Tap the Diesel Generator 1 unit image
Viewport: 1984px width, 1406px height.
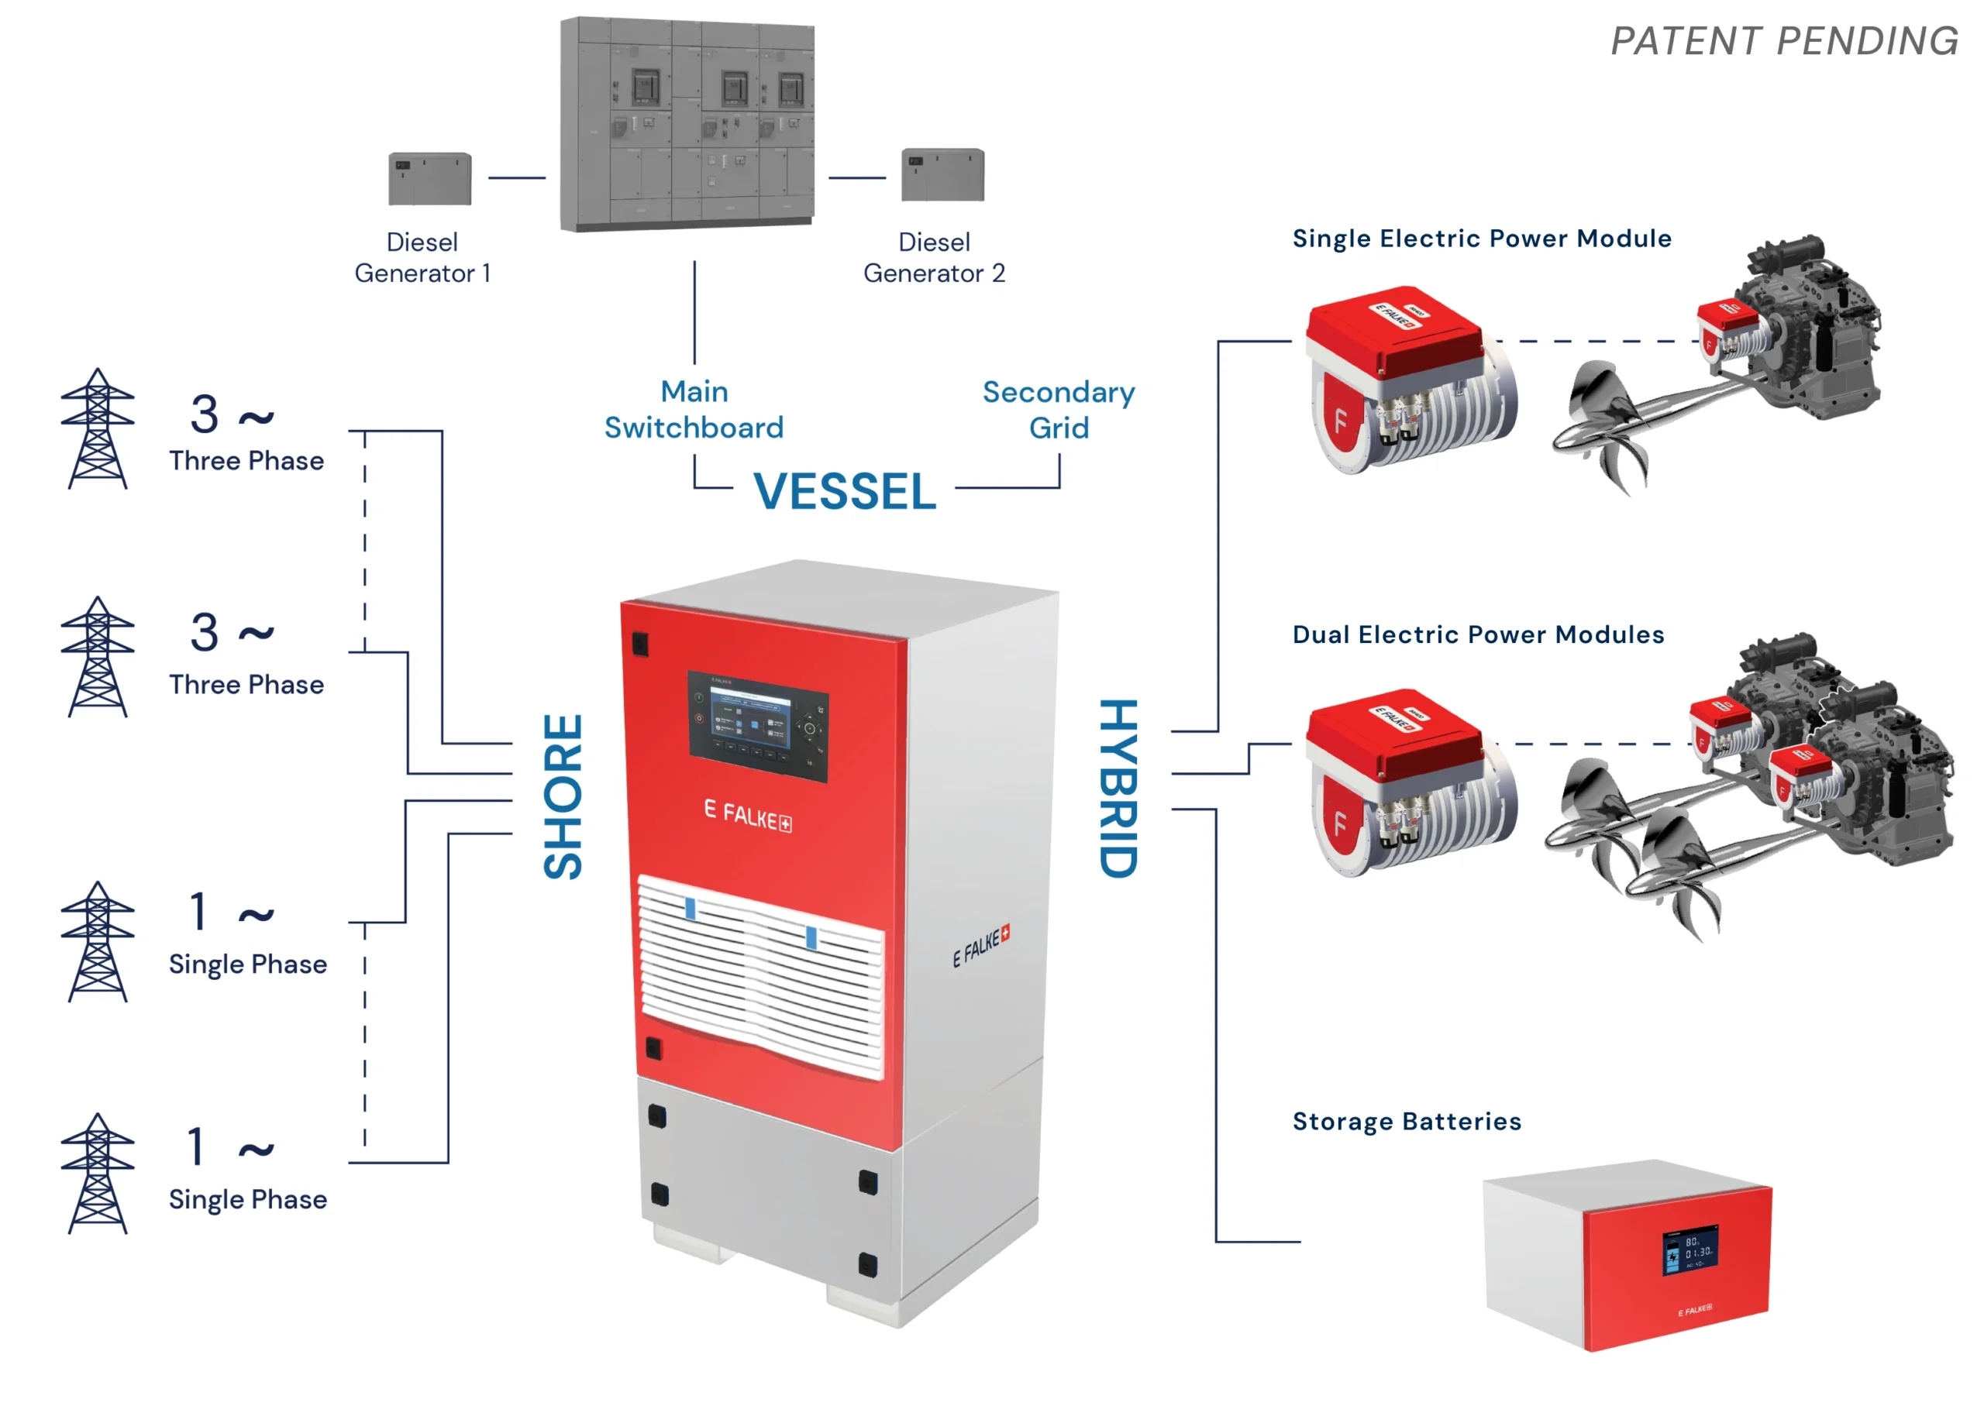click(429, 179)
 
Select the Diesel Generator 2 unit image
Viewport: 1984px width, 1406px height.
click(942, 175)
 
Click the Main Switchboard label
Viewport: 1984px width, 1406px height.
click(694, 410)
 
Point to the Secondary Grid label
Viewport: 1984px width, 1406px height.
click(1057, 410)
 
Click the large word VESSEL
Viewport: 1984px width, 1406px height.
click(844, 492)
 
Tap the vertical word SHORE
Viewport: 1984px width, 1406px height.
click(563, 796)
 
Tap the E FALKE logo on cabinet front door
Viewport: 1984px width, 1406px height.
click(747, 816)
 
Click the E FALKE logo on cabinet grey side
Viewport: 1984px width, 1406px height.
click(980, 945)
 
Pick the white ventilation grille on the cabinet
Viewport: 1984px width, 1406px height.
click(760, 974)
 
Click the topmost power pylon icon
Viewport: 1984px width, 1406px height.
click(98, 429)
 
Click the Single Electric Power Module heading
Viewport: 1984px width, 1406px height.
click(1481, 238)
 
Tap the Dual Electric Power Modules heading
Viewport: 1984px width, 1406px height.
click(1477, 634)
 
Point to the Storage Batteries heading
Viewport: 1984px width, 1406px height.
click(1406, 1121)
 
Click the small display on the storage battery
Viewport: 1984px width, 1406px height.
click(1689, 1250)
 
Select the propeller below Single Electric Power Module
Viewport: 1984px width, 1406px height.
click(1602, 425)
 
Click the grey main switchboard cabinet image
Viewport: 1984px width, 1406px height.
click(687, 124)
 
